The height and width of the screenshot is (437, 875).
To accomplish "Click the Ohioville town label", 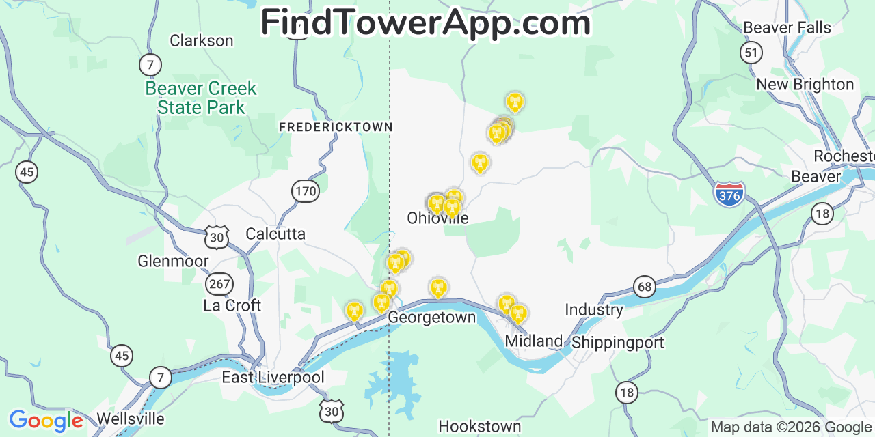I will pos(437,218).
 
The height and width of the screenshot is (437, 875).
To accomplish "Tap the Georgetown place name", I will pos(431,318).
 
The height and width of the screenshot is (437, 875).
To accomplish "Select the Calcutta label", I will pos(275,234).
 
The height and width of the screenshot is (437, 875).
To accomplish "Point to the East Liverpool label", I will pos(273,378).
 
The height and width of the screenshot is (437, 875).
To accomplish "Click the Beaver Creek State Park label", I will pos(201,98).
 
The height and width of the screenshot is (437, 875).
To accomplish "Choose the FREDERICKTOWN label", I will pos(336,127).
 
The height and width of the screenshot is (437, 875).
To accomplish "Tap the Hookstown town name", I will pos(479,427).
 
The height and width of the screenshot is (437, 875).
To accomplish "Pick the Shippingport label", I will pos(617,342).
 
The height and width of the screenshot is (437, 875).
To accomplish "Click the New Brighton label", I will pos(805,85).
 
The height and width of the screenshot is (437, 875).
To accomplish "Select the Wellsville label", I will pos(131,419).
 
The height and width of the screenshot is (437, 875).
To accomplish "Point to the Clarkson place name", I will pos(201,41).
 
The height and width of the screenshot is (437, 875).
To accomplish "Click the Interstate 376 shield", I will pos(729,195).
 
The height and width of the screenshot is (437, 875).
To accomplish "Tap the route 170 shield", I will pos(306,191).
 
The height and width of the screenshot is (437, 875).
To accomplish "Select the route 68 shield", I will pos(645,287).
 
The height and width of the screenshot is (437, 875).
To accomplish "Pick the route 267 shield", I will pos(220,284).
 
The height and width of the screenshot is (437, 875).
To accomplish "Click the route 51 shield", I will pos(751,53).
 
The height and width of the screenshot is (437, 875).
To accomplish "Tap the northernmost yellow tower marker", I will pos(515,102).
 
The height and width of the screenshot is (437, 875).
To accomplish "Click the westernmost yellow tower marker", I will pos(354,311).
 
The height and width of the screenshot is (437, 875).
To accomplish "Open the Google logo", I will pos(45,421).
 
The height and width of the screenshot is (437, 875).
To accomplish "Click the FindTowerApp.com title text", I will pos(425,23).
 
